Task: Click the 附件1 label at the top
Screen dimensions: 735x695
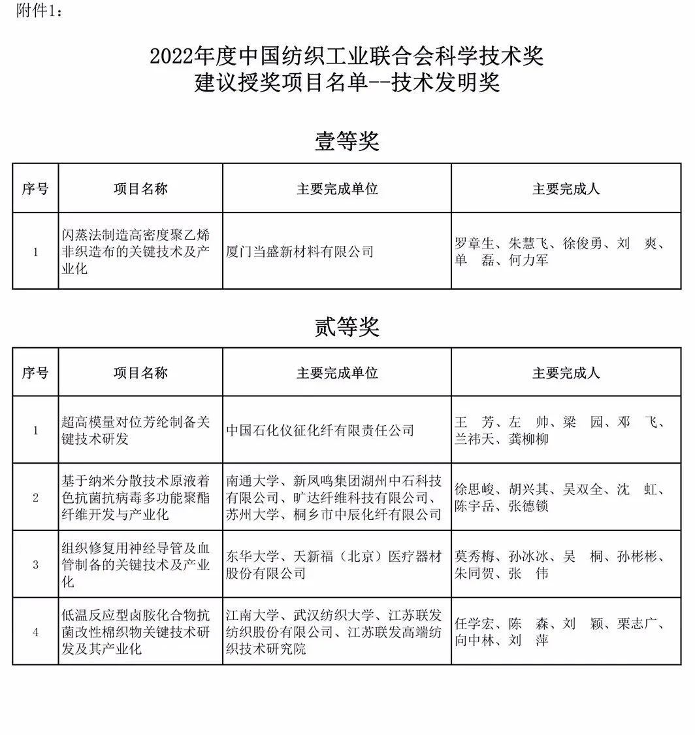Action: pos(40,11)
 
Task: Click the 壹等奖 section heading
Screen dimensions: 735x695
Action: pos(347,141)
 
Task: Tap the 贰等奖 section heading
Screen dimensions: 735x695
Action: pos(347,326)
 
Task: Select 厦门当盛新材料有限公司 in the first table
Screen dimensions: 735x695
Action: pos(300,252)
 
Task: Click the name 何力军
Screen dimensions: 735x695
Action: pos(528,260)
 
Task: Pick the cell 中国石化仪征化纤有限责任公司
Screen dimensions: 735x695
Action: pos(320,430)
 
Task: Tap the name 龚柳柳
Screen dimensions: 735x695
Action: pos(528,439)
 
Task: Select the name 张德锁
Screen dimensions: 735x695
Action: pos(528,506)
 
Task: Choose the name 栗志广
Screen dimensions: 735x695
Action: pos(637,624)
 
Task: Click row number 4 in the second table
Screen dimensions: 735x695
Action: pos(35,632)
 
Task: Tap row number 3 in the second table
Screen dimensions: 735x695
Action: pos(35,565)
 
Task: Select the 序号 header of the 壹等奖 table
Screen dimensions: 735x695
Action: pos(35,189)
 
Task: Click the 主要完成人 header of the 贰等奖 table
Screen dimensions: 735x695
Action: pos(566,373)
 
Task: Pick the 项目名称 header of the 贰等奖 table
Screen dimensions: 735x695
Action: pos(140,373)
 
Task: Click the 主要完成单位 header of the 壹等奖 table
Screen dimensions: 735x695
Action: pos(337,189)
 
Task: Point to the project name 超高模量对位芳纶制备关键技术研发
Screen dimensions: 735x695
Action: pos(136,430)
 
